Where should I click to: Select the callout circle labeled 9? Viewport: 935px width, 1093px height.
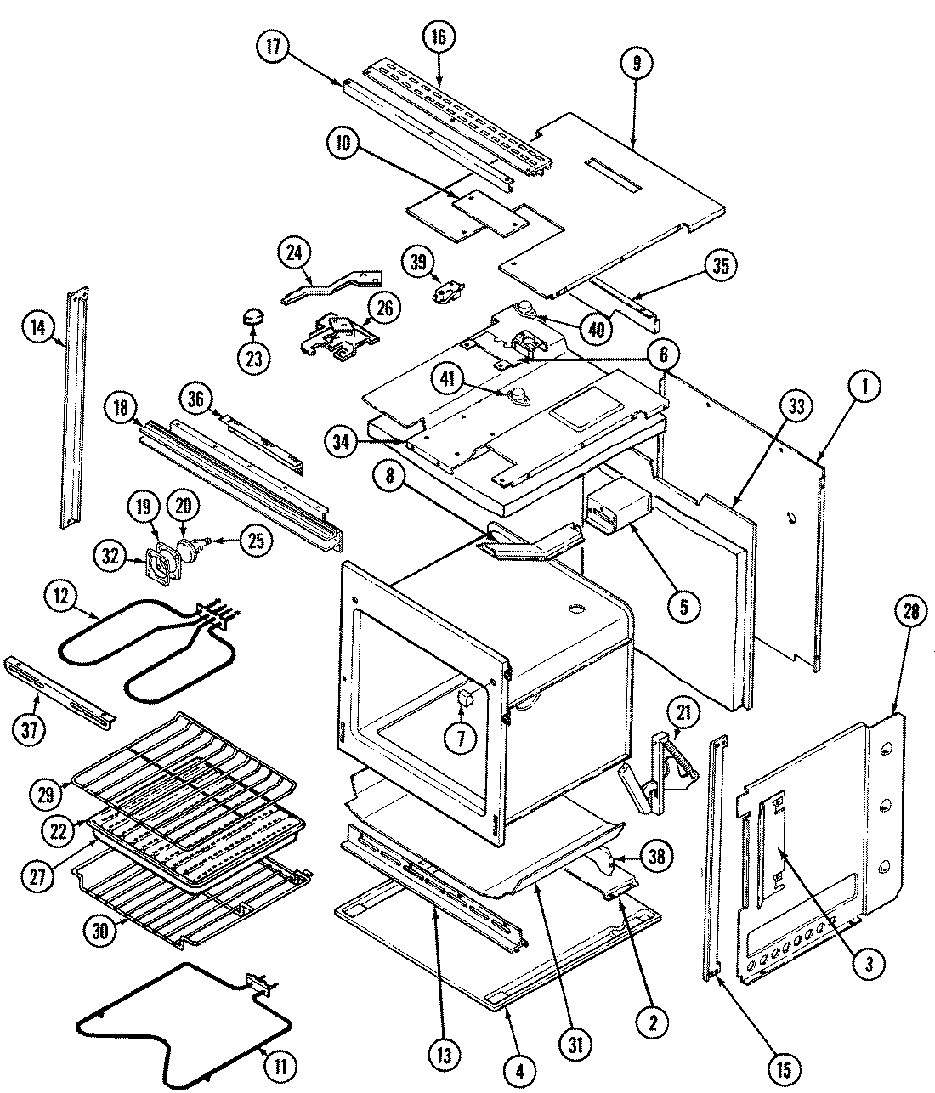tap(636, 62)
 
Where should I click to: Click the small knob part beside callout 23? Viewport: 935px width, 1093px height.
tap(252, 318)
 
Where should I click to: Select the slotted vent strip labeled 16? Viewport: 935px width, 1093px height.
tap(459, 110)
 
